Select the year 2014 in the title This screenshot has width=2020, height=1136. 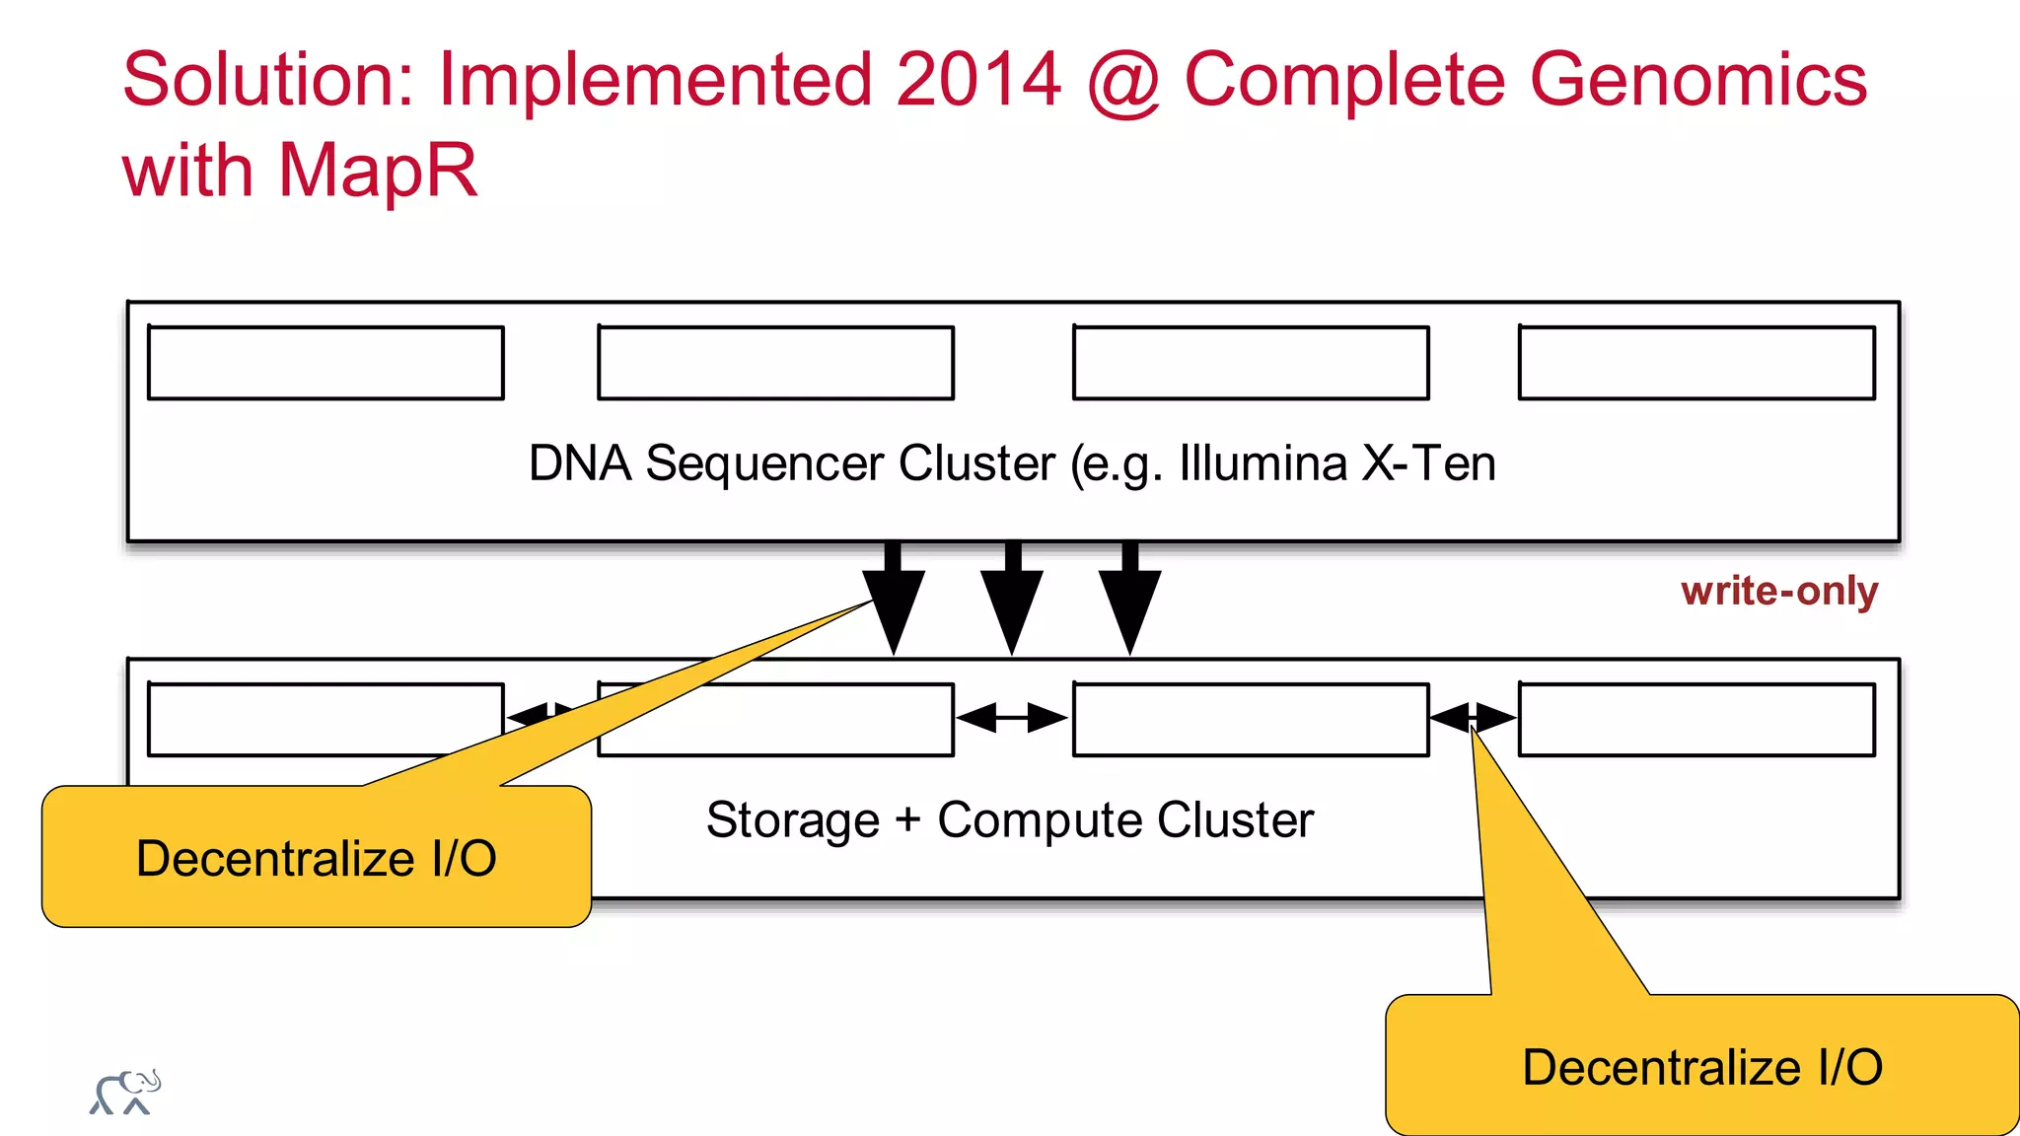(978, 79)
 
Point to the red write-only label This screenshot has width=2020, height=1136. (1779, 591)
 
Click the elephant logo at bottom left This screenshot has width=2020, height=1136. (125, 1093)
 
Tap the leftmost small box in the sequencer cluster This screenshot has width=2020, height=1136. (325, 363)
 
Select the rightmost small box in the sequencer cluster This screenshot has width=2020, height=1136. (1696, 363)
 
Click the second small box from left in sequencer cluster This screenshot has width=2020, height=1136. (775, 363)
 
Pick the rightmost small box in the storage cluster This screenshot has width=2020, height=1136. (1696, 720)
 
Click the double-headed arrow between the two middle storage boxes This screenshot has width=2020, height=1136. (1012, 718)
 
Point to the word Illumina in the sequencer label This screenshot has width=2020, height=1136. (1262, 462)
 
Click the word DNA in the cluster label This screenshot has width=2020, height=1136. (580, 462)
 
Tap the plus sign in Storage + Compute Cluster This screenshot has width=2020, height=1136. (907, 819)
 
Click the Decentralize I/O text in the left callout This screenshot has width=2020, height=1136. (316, 858)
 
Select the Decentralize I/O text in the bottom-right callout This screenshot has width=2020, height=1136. (1702, 1067)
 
